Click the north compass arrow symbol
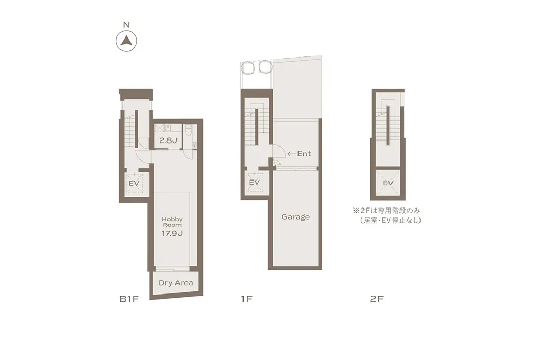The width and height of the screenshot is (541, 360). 126,40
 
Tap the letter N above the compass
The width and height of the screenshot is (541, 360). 126,25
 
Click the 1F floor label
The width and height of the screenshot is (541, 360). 246,299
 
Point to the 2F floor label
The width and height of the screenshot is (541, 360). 376,299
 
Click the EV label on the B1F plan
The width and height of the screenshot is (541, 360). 134,183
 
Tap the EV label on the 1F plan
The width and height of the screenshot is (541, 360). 255,182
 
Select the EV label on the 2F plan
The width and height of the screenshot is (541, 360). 388,183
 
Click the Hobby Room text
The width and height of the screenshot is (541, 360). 172,222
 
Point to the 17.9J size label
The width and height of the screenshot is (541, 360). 172,232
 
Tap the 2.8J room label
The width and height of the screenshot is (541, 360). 168,140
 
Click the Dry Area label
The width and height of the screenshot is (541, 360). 176,283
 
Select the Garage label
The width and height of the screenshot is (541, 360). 295,217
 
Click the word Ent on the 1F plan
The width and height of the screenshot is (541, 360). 304,154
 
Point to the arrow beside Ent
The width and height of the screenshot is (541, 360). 291,154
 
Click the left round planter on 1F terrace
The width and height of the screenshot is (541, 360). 248,67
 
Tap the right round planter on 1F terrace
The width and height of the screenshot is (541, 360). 264,67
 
